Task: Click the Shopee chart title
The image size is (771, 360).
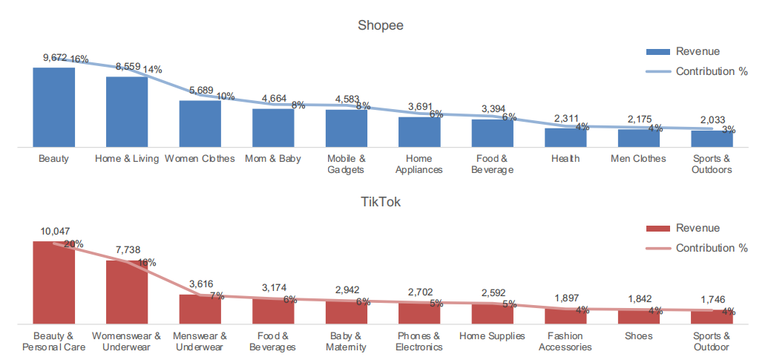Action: point(380,26)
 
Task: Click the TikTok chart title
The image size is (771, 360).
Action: point(380,201)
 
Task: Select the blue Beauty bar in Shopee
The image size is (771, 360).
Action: point(53,108)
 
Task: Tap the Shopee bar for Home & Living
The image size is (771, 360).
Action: point(127,112)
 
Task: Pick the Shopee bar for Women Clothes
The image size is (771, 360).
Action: point(200,124)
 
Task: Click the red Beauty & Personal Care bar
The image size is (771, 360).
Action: point(53,282)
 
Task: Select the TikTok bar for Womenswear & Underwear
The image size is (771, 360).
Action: point(127,292)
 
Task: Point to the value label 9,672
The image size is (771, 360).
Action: point(55,57)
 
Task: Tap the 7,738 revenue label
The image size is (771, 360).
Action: point(127,250)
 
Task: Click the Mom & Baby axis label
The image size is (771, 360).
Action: point(272,158)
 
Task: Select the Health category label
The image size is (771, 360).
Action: point(565,158)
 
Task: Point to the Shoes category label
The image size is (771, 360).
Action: point(638,336)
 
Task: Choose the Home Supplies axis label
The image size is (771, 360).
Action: point(492,336)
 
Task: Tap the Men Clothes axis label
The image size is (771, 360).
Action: point(638,158)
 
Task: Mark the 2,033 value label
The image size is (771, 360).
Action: point(711,120)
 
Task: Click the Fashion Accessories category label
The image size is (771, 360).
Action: point(565,341)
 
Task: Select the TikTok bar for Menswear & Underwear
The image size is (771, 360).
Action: point(200,309)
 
